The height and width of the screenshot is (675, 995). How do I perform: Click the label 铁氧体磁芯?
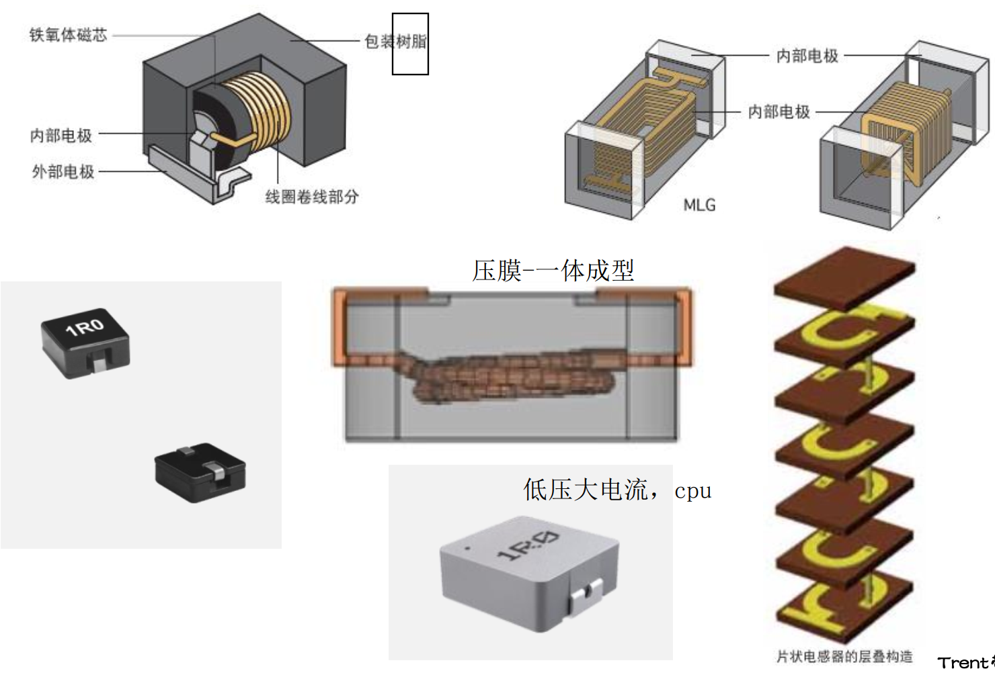point(68,35)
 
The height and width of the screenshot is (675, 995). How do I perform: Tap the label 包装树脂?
point(395,42)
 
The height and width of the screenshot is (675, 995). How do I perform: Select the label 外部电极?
point(63,172)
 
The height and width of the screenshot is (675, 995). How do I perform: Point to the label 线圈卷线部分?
point(312,197)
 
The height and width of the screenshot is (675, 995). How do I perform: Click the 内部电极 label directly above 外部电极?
point(61,136)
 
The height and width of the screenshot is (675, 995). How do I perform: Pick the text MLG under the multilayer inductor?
point(699,205)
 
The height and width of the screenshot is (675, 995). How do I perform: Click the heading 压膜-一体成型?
point(553,271)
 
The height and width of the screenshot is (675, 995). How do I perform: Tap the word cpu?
point(692,490)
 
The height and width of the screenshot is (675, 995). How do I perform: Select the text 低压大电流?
point(585,490)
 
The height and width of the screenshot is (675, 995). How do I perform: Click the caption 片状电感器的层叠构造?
point(844,656)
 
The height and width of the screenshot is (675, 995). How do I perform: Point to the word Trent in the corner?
point(963,663)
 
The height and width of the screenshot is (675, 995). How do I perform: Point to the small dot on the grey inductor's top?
point(468,548)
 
